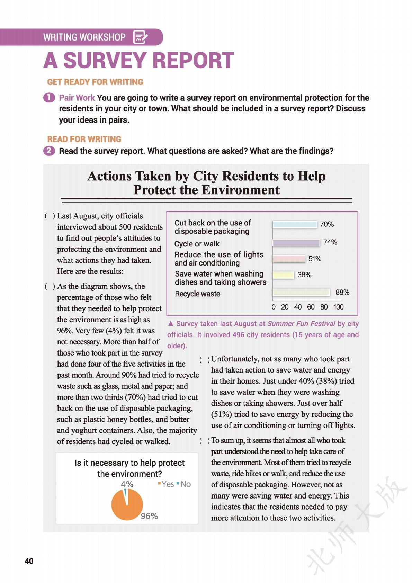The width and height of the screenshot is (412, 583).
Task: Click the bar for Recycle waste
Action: click(301, 293)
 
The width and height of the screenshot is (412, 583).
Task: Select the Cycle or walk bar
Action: click(296, 243)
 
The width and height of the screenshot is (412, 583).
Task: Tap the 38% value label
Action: click(304, 275)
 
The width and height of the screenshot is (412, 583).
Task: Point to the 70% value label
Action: click(327, 224)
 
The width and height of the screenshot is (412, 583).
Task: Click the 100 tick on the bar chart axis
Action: click(338, 307)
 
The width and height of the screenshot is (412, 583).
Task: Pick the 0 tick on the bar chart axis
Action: click(274, 307)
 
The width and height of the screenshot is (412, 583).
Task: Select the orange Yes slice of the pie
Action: click(127, 507)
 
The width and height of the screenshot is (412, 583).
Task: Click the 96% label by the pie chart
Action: click(149, 516)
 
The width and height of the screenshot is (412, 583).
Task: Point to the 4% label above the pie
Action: click(127, 484)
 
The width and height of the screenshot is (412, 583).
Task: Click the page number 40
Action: click(29, 561)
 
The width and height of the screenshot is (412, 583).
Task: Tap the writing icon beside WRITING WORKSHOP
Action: click(140, 37)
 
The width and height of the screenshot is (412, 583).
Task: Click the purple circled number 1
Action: click(49, 98)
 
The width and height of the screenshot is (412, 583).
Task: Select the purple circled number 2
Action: click(49, 151)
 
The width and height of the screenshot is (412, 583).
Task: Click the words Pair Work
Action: click(77, 98)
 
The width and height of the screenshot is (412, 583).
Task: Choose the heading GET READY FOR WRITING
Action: click(95, 82)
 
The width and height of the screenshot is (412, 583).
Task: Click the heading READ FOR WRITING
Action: click(84, 139)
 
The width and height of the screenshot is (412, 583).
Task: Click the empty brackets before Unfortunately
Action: click(204, 360)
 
